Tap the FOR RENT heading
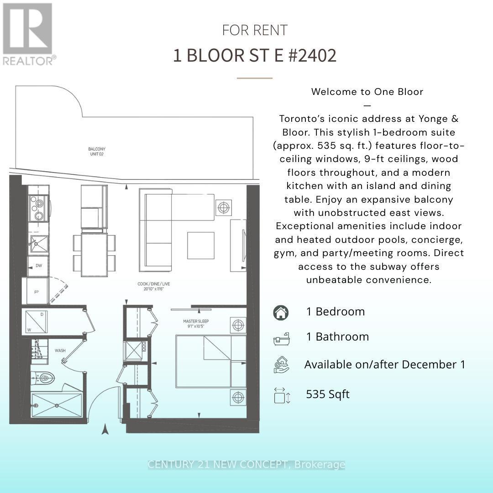click(255, 30)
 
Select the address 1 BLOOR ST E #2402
click(255, 55)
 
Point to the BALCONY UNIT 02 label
click(97, 152)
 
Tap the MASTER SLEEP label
click(196, 324)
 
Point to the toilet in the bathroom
click(45, 378)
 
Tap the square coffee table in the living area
click(200, 245)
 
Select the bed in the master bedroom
click(210, 362)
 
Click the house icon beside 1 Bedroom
click(281, 312)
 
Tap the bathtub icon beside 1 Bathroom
click(281, 338)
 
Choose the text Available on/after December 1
click(384, 365)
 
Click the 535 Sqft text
click(328, 394)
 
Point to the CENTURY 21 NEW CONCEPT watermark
click(246, 465)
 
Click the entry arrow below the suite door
click(105, 429)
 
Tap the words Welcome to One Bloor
click(367, 91)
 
